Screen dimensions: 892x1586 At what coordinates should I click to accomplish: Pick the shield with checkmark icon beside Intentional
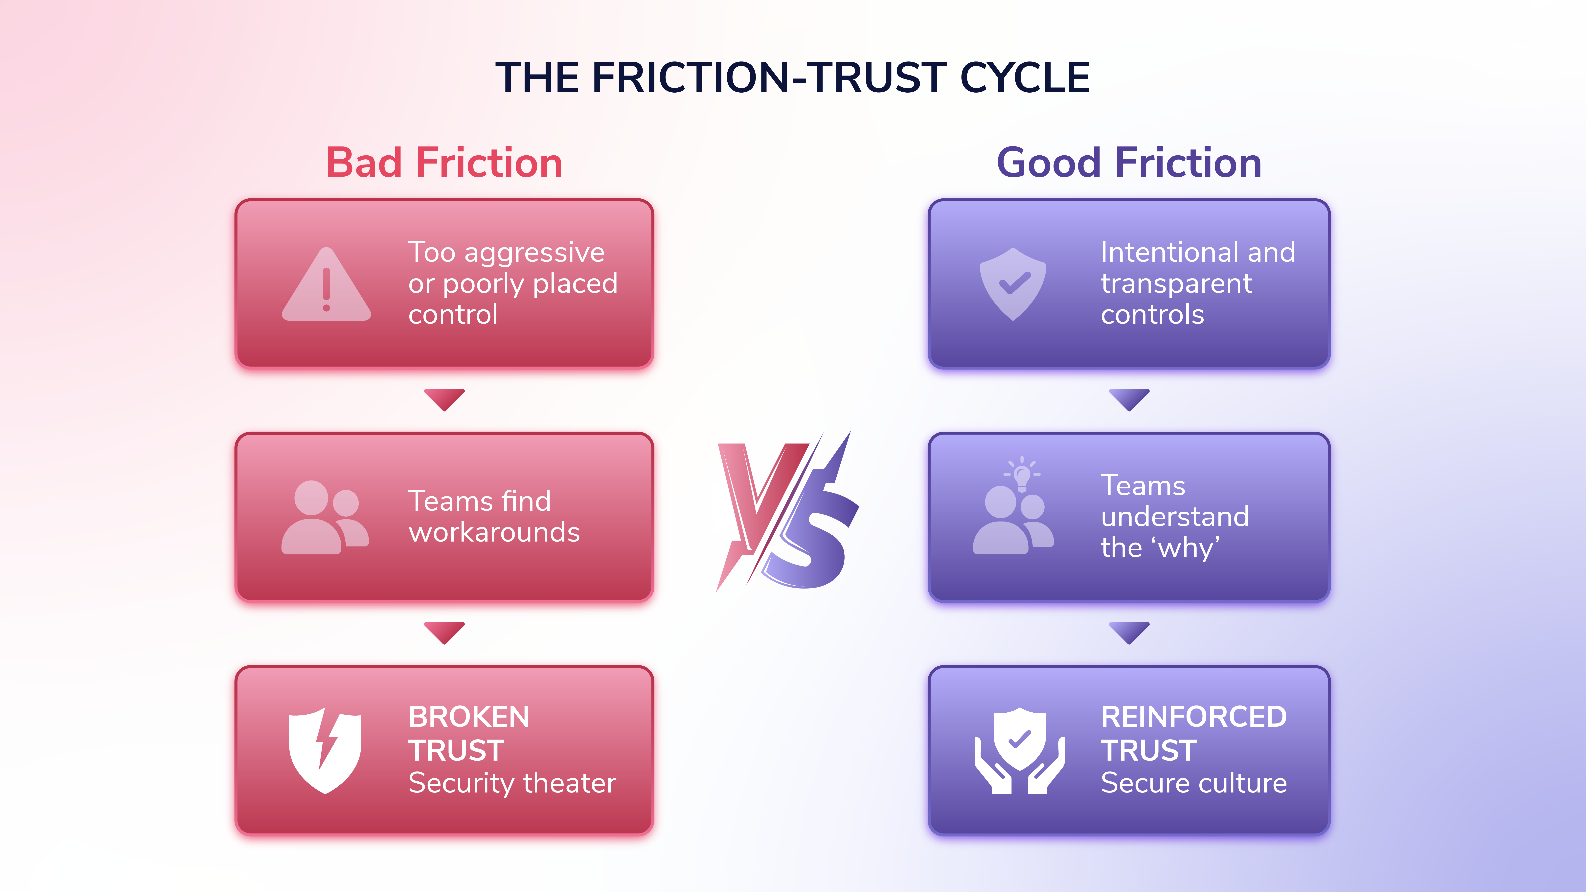coord(1013,284)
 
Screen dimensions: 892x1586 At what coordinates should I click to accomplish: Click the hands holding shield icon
coord(1019,751)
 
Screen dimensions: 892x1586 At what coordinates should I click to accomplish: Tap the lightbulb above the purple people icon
coord(1022,474)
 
